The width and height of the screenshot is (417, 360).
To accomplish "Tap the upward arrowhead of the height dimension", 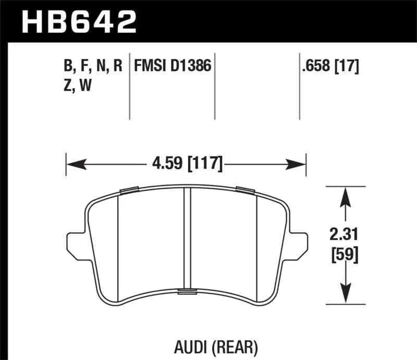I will tap(345, 195).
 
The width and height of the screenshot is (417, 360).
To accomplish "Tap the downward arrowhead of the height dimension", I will tap(345, 295).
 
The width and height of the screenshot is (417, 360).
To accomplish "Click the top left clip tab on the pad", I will tap(128, 190).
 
